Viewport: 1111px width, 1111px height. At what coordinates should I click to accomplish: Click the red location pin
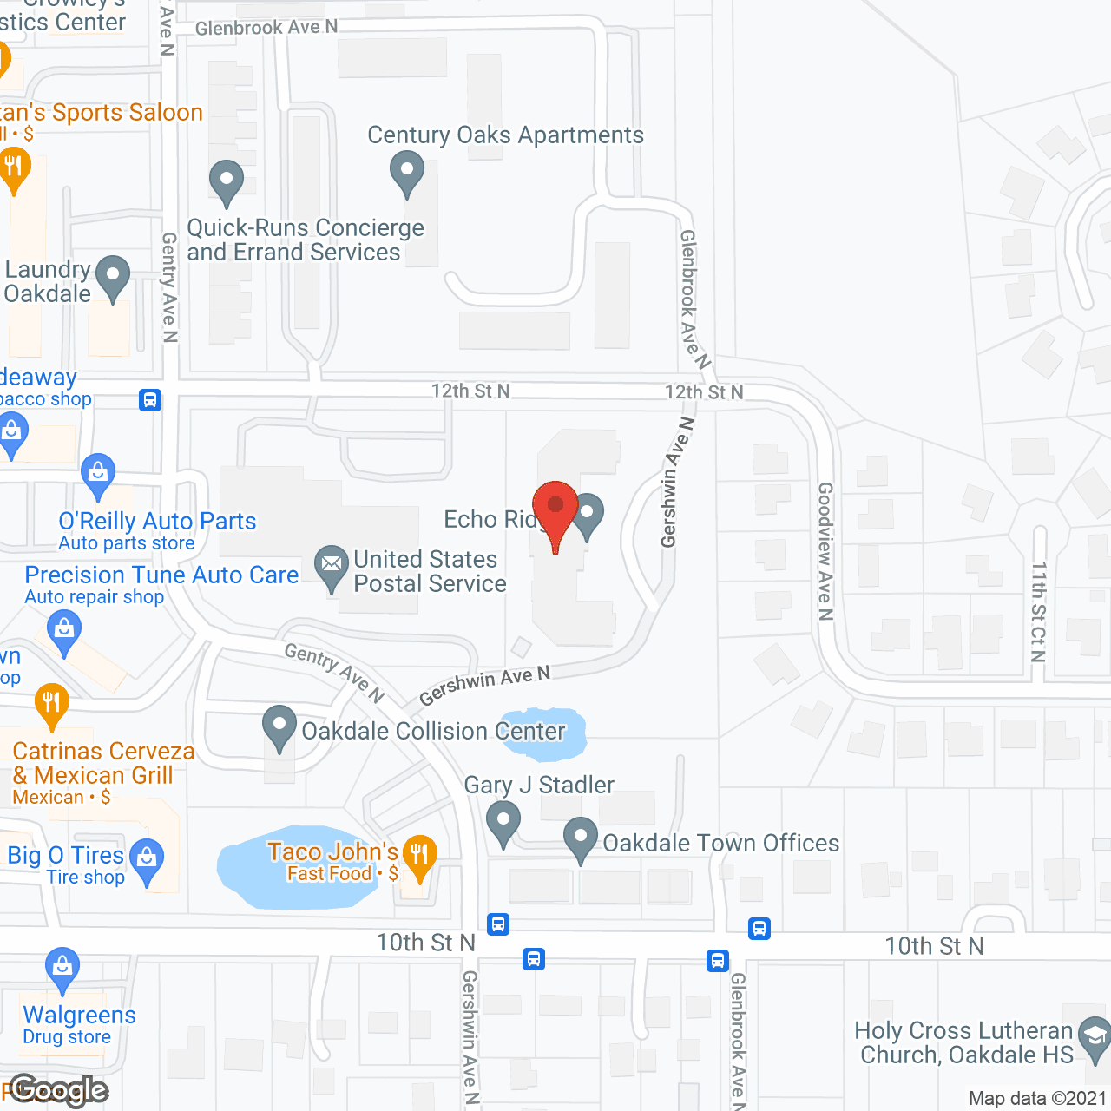point(555,508)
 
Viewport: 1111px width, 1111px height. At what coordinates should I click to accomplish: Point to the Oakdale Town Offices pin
point(581,838)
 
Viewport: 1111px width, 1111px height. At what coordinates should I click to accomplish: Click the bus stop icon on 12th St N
point(150,400)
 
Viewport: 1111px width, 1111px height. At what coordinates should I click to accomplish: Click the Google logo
point(59,1090)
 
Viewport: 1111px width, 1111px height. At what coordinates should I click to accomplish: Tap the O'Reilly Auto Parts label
point(157,521)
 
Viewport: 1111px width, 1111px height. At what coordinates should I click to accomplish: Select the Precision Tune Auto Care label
point(161,575)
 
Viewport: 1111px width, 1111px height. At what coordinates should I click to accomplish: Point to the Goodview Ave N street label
point(825,551)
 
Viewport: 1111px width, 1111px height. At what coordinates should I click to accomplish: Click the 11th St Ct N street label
point(1038,612)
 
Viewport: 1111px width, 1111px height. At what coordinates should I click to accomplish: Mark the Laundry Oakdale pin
point(112,275)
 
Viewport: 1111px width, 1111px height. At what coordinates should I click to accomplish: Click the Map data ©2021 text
point(1037,1098)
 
